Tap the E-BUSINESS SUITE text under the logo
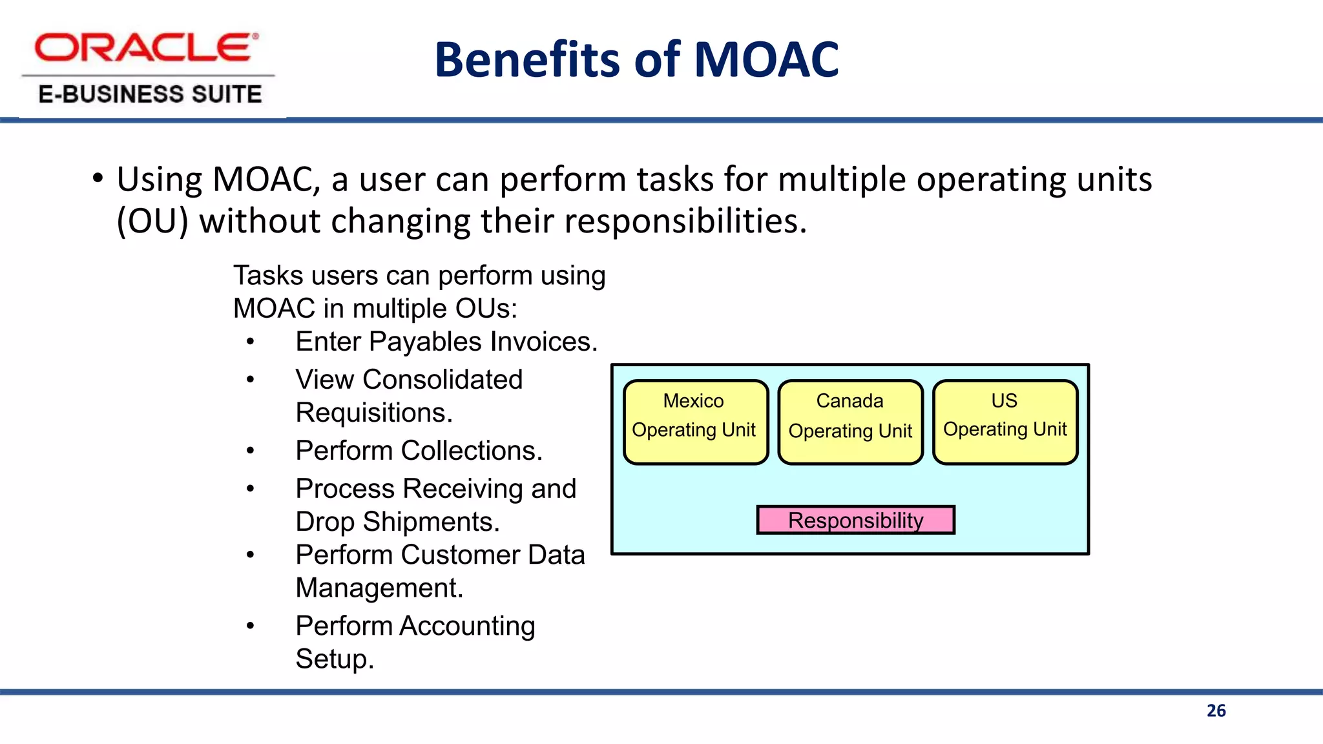pos(150,94)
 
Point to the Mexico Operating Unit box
pos(695,422)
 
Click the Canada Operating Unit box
pos(850,422)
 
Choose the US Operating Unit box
pos(1005,422)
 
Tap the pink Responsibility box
pos(855,520)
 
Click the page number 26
pos(1216,710)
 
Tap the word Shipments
pos(431,522)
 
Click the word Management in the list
pos(379,588)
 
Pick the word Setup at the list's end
pos(334,659)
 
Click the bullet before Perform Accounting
pos(250,626)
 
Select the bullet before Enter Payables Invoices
pos(250,342)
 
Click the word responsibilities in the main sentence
pos(685,221)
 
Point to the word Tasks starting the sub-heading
pos(268,276)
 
